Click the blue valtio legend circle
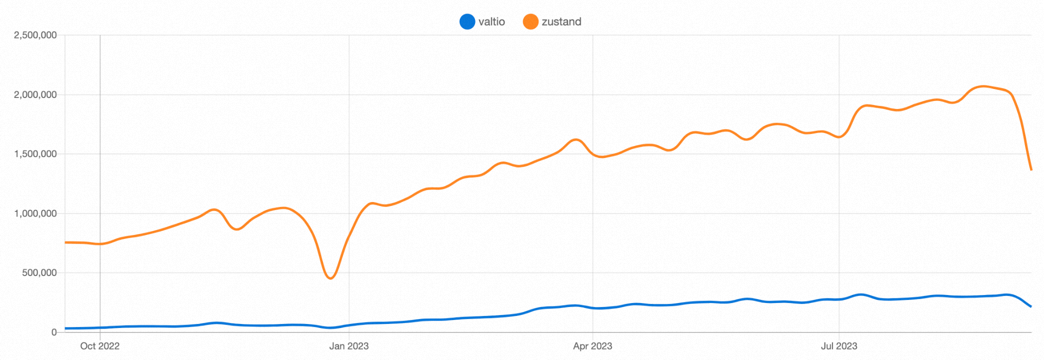click(x=467, y=21)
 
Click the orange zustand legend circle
click(x=530, y=21)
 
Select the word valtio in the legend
click(x=491, y=21)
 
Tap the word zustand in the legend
click(x=561, y=21)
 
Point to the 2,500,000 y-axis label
click(x=35, y=35)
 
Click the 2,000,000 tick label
click(x=35, y=94)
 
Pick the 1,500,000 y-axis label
click(x=35, y=154)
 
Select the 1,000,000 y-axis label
click(x=35, y=213)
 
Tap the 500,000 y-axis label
click(x=39, y=272)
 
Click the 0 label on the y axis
click(x=54, y=332)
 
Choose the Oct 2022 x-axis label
click(x=100, y=346)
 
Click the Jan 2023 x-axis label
click(x=349, y=346)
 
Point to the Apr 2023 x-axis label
click(x=592, y=346)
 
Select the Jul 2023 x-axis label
click(x=839, y=346)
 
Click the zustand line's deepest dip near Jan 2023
click(x=330, y=278)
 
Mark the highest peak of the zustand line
click(x=983, y=86)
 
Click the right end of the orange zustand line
click(x=1031, y=169)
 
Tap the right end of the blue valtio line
click(x=1031, y=306)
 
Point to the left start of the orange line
click(x=65, y=242)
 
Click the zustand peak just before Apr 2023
click(x=576, y=139)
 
